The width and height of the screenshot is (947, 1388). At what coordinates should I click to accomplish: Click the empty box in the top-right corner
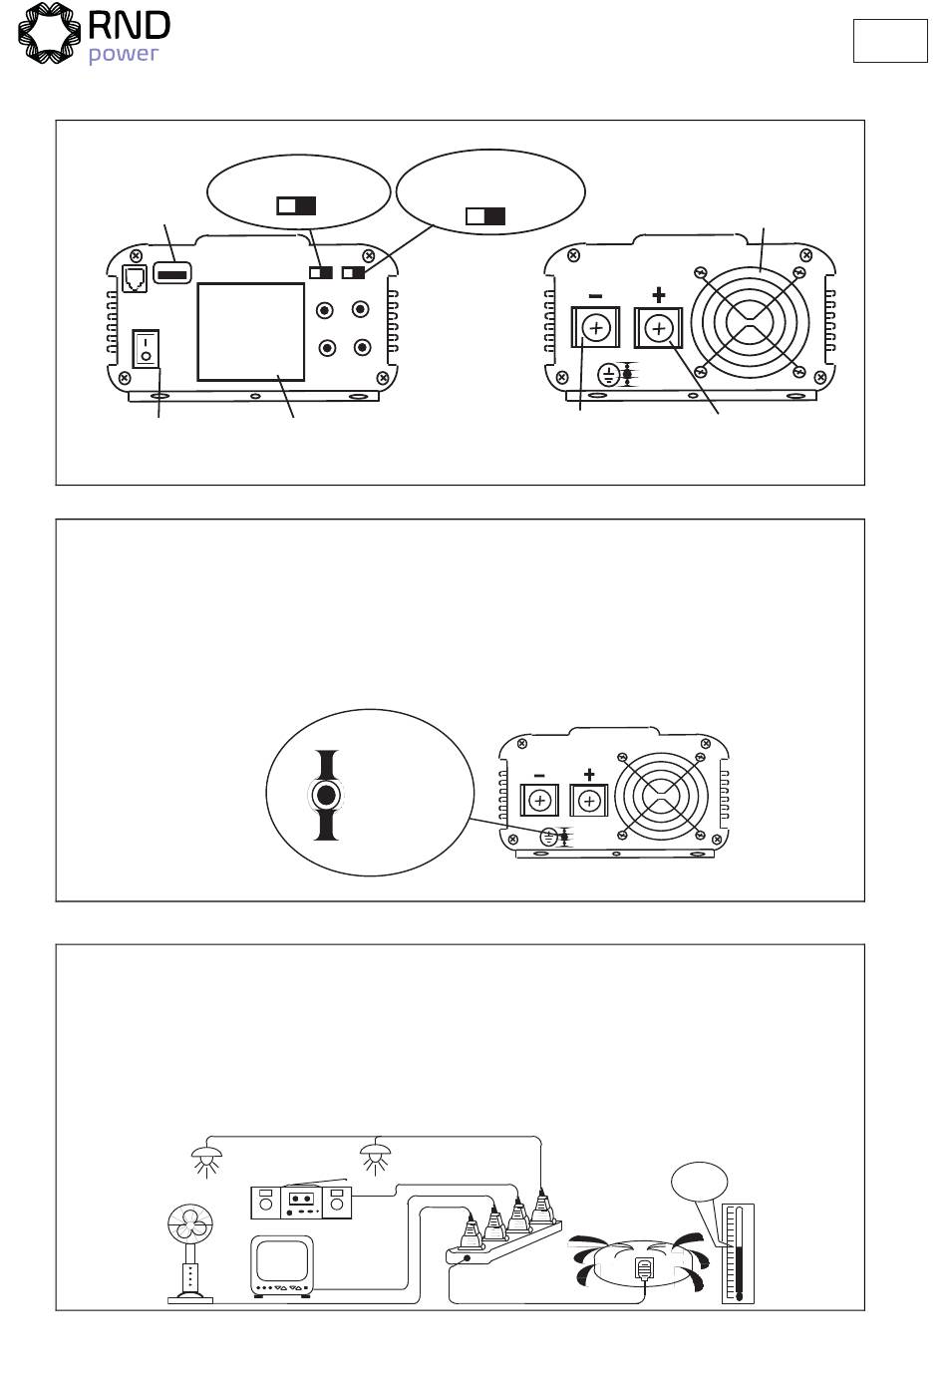tap(889, 40)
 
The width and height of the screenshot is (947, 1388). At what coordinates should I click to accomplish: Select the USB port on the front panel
tap(172, 273)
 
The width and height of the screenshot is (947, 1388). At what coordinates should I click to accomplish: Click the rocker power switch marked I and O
tap(147, 348)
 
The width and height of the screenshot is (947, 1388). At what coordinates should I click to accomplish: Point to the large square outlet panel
tap(250, 331)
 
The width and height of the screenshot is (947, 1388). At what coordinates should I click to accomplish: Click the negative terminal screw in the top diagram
tap(595, 327)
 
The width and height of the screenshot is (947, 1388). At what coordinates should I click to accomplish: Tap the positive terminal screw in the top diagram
tap(658, 327)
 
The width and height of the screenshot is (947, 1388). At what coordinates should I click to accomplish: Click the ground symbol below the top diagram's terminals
tap(608, 375)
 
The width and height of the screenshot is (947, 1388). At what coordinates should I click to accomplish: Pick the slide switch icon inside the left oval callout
tap(296, 205)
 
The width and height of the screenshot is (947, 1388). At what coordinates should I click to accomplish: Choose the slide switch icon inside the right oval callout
tap(485, 216)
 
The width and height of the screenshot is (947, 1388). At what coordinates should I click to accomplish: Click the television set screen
tap(283, 1261)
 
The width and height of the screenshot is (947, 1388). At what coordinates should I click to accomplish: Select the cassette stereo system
tap(301, 1203)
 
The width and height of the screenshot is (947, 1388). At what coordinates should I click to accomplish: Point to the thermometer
tap(738, 1252)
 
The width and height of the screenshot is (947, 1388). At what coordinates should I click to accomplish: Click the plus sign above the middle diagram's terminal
tap(589, 774)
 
